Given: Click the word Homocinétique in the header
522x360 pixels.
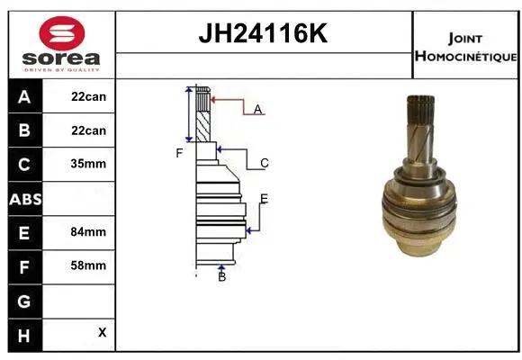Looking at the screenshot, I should click(x=466, y=56).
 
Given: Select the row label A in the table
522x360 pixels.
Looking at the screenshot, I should click(x=23, y=96).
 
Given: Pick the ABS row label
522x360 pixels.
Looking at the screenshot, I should click(x=23, y=198).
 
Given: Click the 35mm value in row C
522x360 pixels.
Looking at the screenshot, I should click(x=88, y=164).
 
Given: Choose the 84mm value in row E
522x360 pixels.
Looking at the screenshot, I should click(x=88, y=231).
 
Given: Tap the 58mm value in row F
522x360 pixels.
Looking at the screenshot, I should click(x=88, y=265).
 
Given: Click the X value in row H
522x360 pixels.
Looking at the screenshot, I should click(x=102, y=332).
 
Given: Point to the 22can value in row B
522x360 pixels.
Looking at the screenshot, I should click(x=88, y=130).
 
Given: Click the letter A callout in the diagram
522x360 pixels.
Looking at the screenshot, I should click(x=257, y=109).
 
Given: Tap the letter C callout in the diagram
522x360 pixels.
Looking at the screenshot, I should click(x=265, y=163).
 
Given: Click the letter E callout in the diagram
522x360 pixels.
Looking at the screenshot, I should click(x=264, y=198).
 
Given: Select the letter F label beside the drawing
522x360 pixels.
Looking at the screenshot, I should click(x=179, y=153).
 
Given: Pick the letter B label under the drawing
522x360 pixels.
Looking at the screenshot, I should click(x=221, y=276).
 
